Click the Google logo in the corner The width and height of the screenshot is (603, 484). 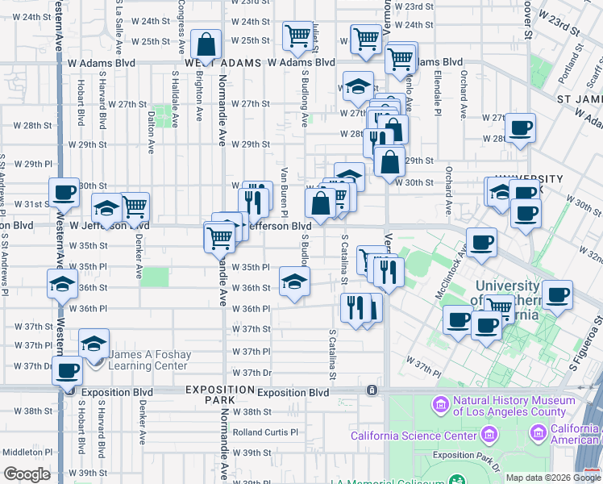click(26, 474)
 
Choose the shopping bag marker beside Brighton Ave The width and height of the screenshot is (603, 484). click(206, 44)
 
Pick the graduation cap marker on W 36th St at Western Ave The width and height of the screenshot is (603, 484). click(63, 285)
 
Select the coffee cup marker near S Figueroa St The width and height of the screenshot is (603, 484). click(558, 296)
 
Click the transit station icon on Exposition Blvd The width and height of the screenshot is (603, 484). click(371, 390)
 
